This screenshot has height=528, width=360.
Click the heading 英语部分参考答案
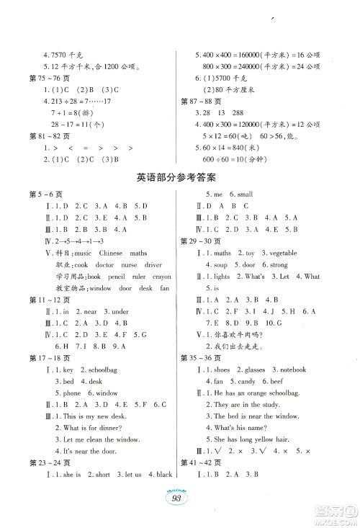pos(179,197)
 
